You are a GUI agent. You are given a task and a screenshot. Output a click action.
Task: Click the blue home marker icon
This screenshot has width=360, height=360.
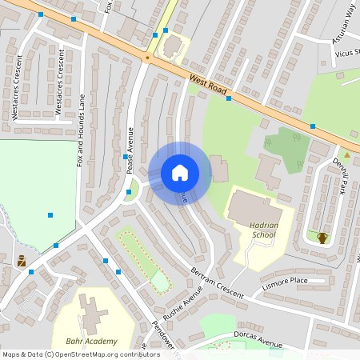point(180,173)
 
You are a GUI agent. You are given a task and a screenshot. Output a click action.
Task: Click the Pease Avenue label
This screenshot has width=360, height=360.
point(129,143)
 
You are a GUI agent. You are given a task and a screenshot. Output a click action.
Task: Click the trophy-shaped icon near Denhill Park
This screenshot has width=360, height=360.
point(322,237)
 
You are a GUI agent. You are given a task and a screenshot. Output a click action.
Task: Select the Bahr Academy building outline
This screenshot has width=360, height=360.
point(93,312)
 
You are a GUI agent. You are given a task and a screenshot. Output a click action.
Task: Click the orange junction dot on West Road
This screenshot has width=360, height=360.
point(147,58)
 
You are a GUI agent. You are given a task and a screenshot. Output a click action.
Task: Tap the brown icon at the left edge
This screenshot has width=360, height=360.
point(22,260)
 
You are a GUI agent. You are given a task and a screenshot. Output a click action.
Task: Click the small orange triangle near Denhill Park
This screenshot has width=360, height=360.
point(346,154)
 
